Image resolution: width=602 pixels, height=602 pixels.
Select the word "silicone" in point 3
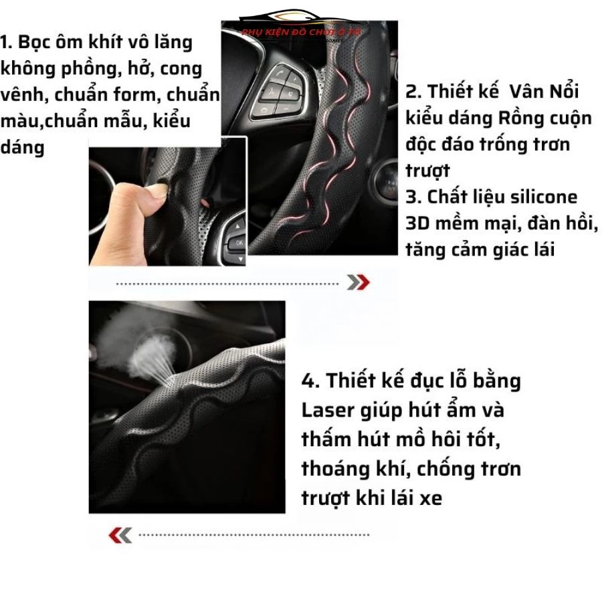pos(545,197)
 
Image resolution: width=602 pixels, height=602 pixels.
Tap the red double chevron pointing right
pos(358,283)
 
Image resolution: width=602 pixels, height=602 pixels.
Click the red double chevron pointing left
pos(120,534)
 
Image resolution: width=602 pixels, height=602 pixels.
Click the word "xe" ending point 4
pos(432,498)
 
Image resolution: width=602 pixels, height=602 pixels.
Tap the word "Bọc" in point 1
pos(39,42)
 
